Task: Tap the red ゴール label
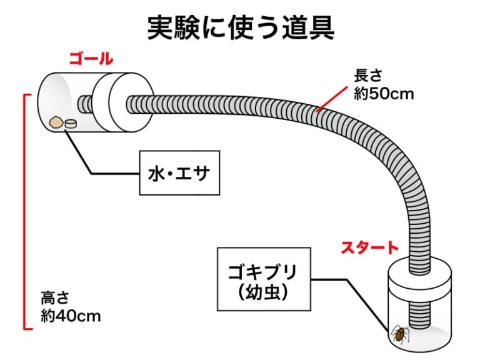pos(91,60)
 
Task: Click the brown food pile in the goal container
pos(56,122)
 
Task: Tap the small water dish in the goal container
pos(71,123)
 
